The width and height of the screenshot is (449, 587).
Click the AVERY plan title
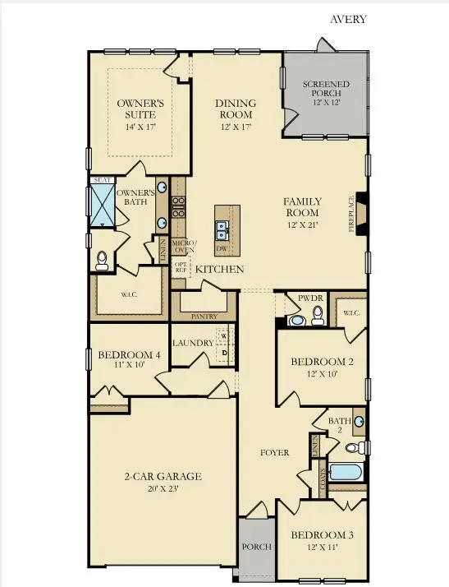click(348, 19)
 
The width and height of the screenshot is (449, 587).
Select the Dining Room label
click(236, 109)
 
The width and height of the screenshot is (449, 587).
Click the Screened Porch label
click(325, 90)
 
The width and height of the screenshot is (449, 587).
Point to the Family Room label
click(302, 206)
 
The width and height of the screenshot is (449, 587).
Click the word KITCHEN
click(219, 269)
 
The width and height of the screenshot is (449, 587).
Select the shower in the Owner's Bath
click(103, 205)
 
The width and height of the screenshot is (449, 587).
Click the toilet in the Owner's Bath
click(102, 261)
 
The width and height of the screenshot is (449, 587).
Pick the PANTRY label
click(203, 315)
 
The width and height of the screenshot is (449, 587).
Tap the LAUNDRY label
click(193, 343)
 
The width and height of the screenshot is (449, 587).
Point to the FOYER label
click(274, 452)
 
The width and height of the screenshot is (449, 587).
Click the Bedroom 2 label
click(322, 367)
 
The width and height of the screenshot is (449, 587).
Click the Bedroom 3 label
click(322, 540)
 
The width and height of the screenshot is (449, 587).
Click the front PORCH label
click(250, 547)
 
